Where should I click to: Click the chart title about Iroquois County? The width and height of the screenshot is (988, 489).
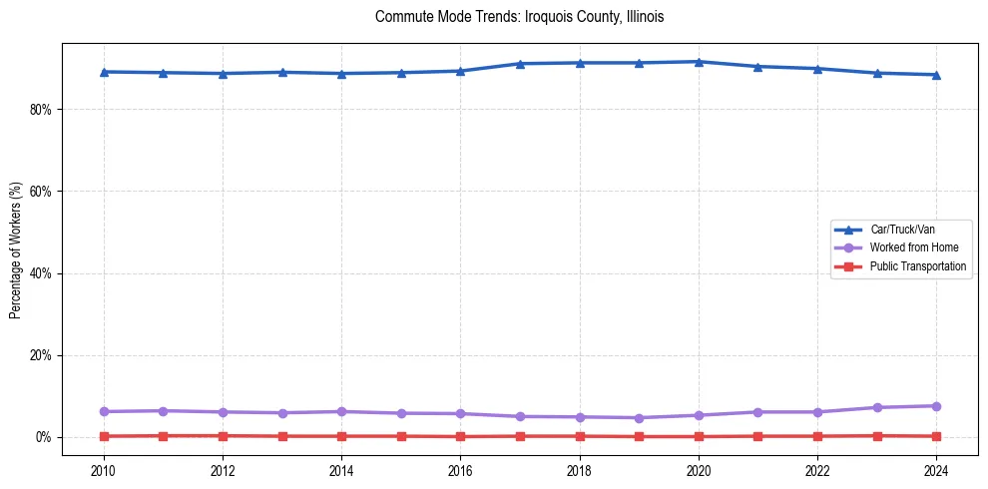pos(519,17)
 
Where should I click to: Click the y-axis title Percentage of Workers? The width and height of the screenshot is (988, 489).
pos(15,250)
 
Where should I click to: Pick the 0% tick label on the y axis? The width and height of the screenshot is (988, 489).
pos(41,437)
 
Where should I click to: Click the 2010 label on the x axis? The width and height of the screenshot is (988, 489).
pos(104,470)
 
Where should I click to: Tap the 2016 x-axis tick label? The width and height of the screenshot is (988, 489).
pos(460,470)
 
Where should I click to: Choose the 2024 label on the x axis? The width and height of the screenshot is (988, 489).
pos(936,470)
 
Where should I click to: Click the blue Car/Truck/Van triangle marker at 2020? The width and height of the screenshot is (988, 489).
pos(699,62)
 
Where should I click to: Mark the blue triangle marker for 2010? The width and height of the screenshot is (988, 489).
pos(104,72)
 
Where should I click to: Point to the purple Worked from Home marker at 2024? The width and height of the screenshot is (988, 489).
pos(936,406)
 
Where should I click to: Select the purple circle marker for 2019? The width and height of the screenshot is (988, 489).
pos(639,418)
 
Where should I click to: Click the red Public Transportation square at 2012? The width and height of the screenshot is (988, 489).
pos(223,436)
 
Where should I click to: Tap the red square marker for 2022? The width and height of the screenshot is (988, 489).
pos(817,436)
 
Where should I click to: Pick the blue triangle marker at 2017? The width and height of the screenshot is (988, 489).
pos(520,64)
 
